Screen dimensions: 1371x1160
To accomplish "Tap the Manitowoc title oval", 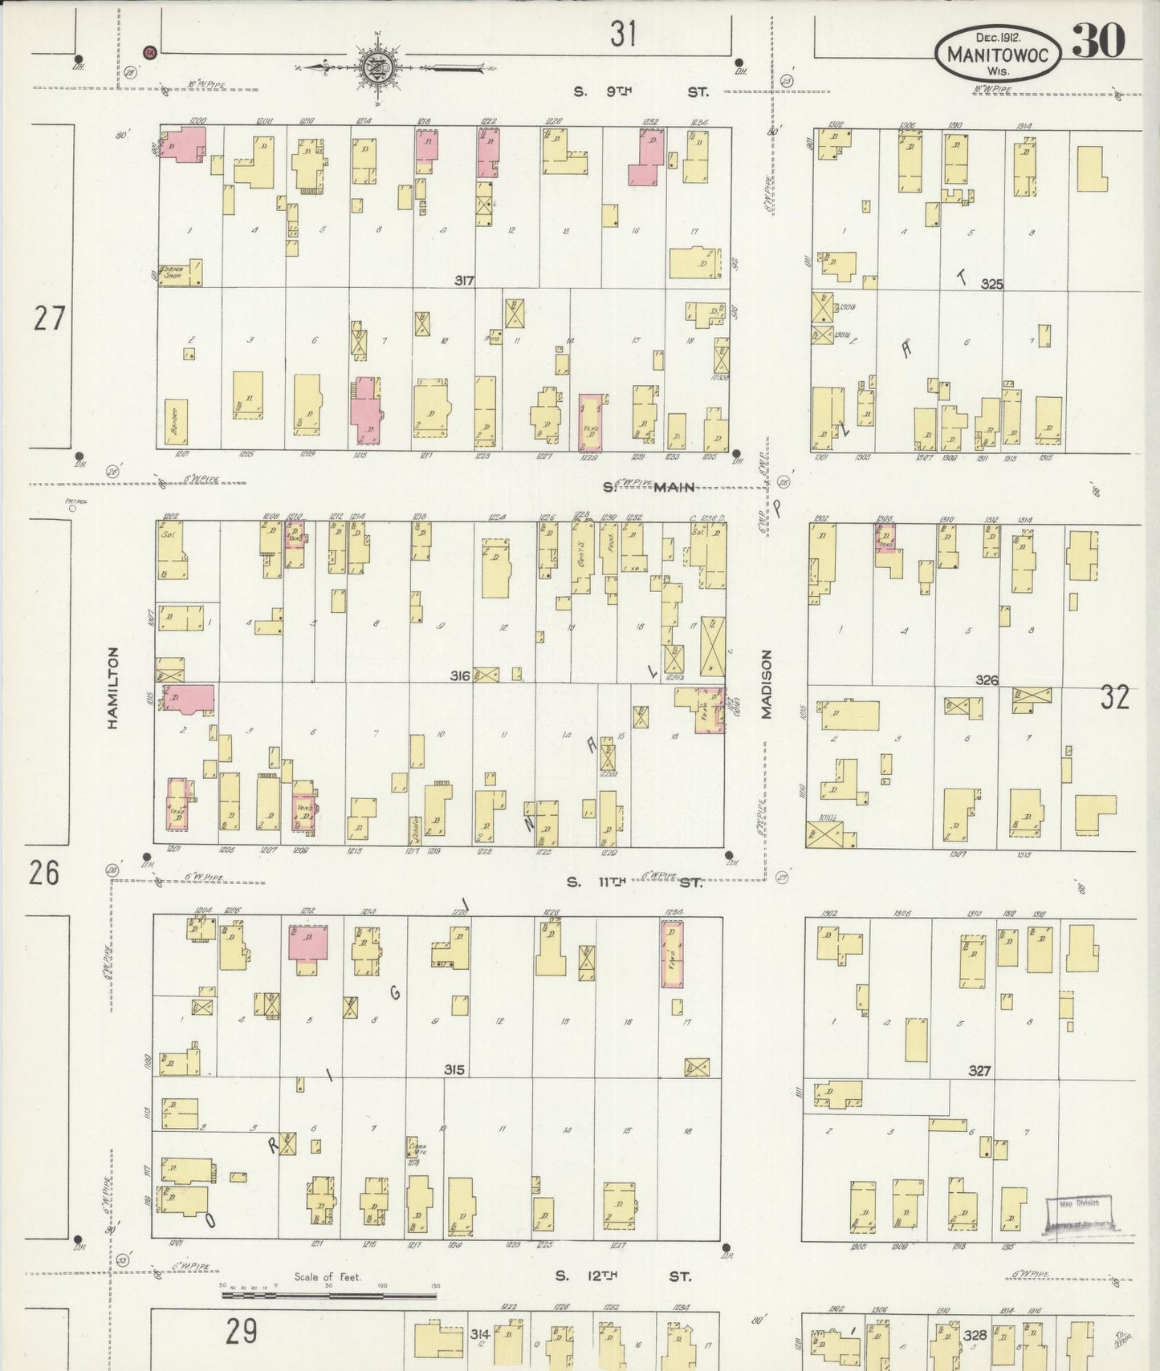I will (x=998, y=53).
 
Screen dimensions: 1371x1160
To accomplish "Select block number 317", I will (x=464, y=281).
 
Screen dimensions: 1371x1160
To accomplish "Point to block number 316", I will (x=459, y=676).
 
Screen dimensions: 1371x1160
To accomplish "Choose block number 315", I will (x=454, y=1069).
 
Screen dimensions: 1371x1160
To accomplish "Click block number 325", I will (x=992, y=284).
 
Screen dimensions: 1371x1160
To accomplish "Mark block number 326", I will (x=987, y=680).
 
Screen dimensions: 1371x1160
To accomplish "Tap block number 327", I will (x=979, y=1070).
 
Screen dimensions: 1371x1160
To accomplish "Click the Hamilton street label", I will (x=113, y=688).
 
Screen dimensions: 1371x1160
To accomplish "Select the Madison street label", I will (x=767, y=684).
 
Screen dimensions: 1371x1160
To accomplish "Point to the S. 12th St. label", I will (x=623, y=1275).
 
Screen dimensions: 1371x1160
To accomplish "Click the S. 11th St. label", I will (x=634, y=882).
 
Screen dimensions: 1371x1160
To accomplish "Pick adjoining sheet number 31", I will (x=623, y=34).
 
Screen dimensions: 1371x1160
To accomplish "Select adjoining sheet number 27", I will (x=48, y=319).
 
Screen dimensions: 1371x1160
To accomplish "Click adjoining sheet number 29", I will (x=241, y=1331).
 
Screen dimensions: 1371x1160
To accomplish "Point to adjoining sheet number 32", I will (x=1114, y=697).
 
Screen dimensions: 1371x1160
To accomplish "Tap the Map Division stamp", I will (x=1080, y=1212).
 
